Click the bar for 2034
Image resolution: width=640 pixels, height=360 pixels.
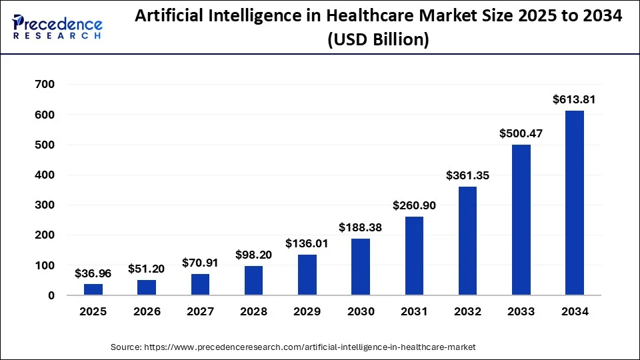pos(574,203)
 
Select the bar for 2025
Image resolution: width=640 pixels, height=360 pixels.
pos(93,289)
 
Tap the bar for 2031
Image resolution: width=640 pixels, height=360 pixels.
pos(414,256)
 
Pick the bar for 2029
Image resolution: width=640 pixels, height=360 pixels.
pos(307,275)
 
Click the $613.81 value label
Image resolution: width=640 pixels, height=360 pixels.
pos(574,99)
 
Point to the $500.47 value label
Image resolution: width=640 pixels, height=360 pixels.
pos(521,133)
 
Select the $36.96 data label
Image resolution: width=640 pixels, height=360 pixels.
pos(93,273)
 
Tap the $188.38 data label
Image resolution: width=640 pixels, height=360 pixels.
pos(361,227)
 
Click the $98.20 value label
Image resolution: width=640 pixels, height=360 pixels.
pos(254,255)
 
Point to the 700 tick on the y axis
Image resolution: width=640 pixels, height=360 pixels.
pos(46,85)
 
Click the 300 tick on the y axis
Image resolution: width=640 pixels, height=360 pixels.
pos(46,205)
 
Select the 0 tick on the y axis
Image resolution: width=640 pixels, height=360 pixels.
pos(51,295)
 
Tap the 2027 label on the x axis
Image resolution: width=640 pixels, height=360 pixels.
pos(200,311)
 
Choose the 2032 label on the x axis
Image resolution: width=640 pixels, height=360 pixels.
pos(467,311)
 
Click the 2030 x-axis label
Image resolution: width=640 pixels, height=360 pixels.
pos(361,311)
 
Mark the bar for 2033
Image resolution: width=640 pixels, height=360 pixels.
pos(521,220)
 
